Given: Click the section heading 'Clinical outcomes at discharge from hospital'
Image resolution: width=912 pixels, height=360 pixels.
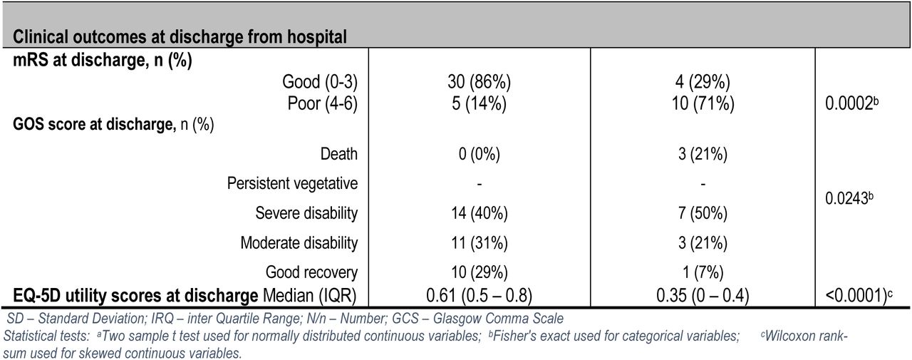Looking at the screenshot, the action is coord(180,37).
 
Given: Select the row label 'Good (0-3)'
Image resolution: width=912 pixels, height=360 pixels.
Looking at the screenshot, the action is coord(320,82).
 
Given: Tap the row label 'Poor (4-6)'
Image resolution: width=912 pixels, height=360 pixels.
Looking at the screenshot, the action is coord(323,103).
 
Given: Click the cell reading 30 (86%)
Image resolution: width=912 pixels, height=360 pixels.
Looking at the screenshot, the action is coord(480,82).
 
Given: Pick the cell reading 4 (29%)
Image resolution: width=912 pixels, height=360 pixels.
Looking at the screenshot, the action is coord(703,82).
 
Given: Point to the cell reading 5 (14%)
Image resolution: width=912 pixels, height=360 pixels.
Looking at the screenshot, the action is coord(480,103).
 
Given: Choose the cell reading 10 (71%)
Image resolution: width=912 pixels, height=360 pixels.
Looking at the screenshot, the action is coord(703,103).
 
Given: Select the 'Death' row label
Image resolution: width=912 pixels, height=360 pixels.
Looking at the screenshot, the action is coord(338,155).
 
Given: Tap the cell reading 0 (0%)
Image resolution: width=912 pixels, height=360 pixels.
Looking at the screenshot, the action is coord(480,155).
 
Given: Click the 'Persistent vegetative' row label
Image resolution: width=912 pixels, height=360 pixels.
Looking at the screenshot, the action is coord(292,184).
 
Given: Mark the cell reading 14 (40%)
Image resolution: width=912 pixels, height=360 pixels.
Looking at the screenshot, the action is coord(480,213).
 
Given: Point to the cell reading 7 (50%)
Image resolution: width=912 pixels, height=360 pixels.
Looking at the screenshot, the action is coord(703,213).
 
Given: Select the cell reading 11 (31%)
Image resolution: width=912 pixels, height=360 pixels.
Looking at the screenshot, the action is coord(480,243).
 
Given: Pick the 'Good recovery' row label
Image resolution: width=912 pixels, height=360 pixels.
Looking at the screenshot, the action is coord(311,272).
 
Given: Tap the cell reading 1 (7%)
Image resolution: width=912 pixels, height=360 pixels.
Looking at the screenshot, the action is coord(703,272).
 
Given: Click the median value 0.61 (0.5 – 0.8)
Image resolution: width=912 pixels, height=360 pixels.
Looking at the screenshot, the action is coord(480,296).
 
